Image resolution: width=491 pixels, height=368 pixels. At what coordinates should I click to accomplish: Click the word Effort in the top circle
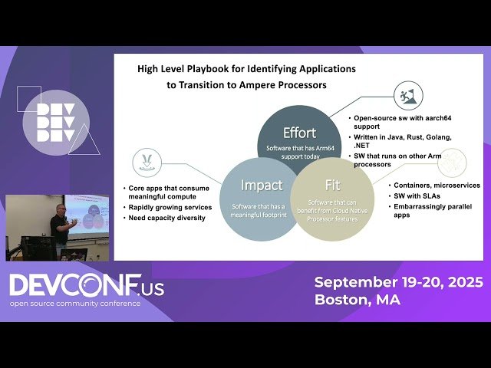click(x=298, y=132)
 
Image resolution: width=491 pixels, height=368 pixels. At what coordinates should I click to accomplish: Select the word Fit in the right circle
click(x=331, y=184)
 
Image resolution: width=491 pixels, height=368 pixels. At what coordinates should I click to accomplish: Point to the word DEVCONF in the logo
click(x=75, y=285)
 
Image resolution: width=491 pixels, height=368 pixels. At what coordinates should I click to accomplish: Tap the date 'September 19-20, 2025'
click(x=398, y=281)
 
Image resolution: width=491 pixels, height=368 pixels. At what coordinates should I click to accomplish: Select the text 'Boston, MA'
click(x=357, y=300)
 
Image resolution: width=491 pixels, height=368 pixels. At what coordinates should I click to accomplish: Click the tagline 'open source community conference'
click(x=75, y=304)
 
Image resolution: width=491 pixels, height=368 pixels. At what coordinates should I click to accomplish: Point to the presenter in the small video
click(x=60, y=226)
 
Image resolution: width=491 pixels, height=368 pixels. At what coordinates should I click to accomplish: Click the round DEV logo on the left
click(x=55, y=123)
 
